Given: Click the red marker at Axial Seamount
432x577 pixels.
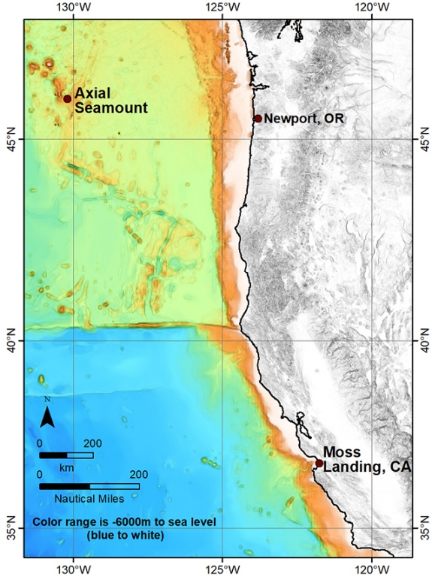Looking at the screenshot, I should coord(67,98).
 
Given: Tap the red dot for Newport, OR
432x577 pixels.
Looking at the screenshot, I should coord(258,118).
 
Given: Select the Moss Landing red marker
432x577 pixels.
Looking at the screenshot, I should coord(319,464).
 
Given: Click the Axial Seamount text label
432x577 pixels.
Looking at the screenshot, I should coord(110,101).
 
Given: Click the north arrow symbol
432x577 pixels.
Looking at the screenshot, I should coord(47,415).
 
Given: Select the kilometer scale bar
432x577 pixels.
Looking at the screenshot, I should coord(66,455).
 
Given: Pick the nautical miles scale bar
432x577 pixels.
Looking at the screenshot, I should coord(89,486).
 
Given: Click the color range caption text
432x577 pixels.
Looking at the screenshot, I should coord(98,528).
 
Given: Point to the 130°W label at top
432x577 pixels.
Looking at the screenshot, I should coord(73,8).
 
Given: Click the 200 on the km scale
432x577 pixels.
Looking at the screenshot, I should coord(92,443).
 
